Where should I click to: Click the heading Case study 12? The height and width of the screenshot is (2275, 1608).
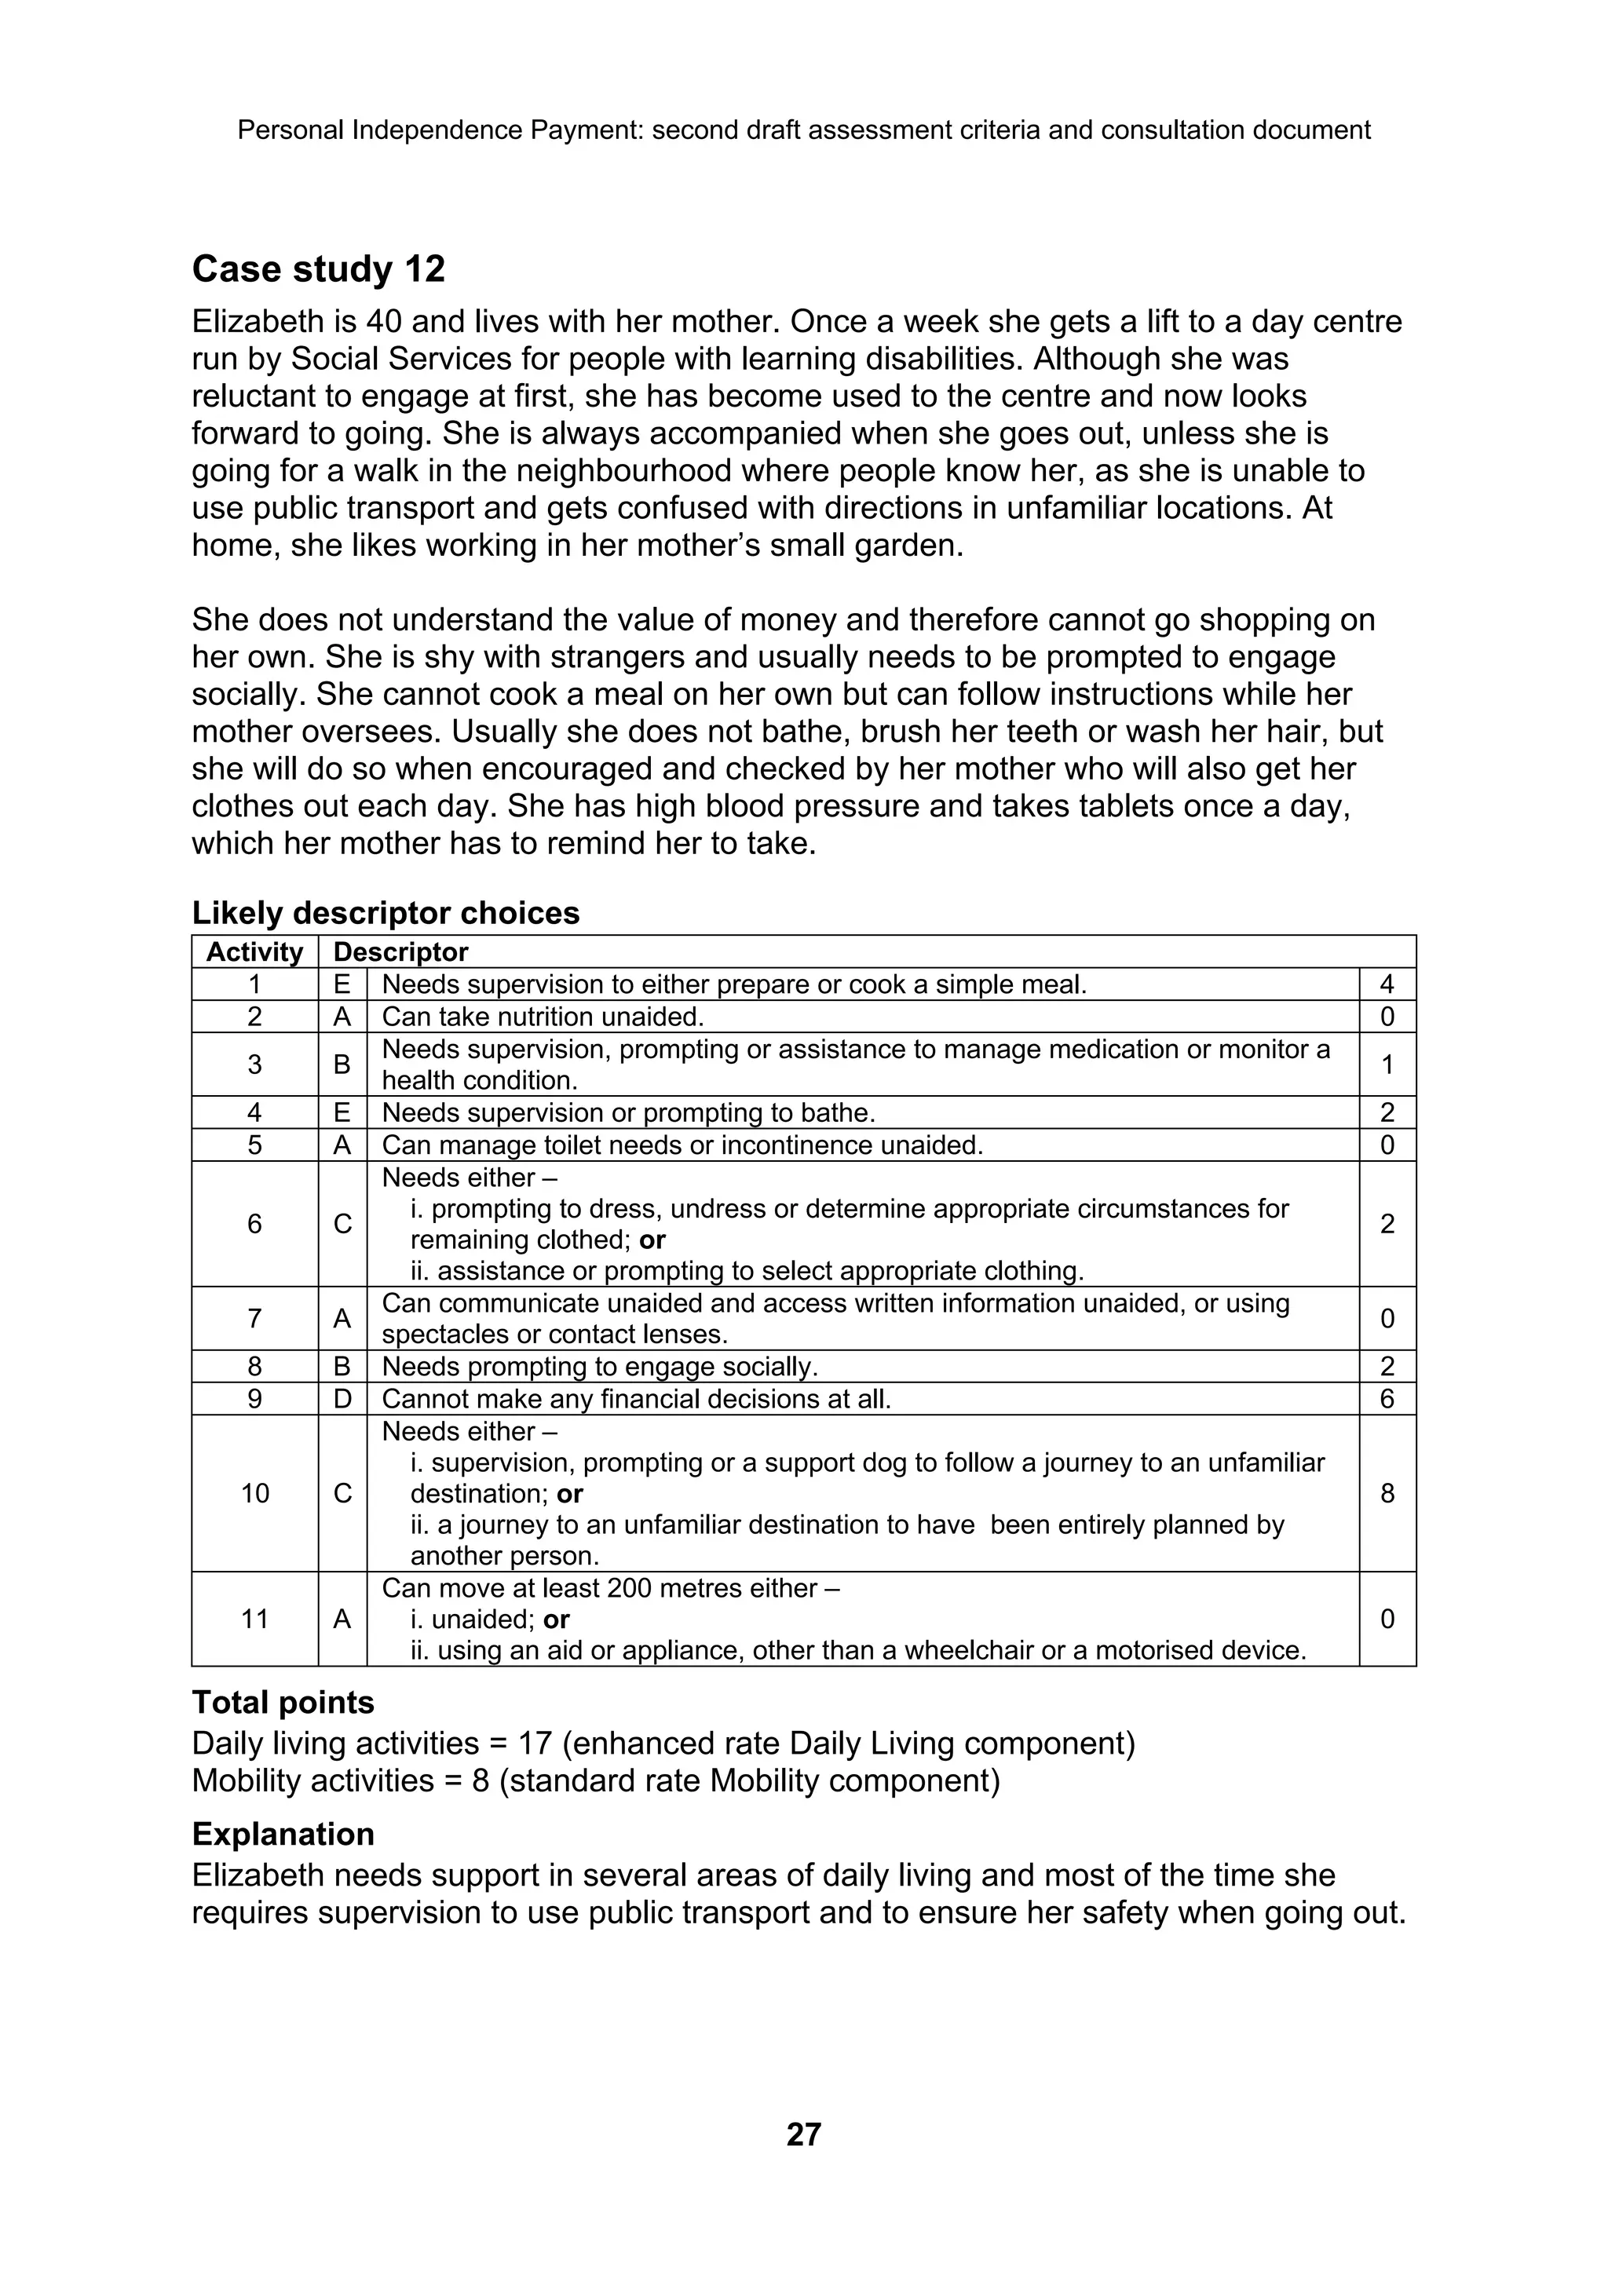tap(318, 269)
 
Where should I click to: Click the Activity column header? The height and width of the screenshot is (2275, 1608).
tap(254, 952)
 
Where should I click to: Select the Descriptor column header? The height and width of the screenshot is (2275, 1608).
tap(400, 952)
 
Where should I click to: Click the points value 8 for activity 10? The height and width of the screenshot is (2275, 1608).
tap(1387, 1493)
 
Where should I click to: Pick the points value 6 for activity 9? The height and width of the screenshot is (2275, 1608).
tap(1387, 1399)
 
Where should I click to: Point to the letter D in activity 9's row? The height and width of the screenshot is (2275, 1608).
tap(342, 1399)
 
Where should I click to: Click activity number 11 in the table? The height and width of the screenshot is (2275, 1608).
tap(254, 1619)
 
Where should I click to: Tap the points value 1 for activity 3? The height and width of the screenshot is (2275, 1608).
tap(1387, 1064)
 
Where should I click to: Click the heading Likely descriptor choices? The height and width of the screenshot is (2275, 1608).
tap(386, 912)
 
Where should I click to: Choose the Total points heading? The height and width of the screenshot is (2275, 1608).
tap(283, 1702)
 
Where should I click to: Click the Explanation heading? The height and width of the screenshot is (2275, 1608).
tap(283, 1834)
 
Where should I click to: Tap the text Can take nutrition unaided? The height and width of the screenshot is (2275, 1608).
tap(543, 1017)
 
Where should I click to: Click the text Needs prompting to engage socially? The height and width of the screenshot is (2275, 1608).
tap(599, 1367)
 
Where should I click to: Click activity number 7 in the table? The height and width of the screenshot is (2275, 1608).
tap(254, 1319)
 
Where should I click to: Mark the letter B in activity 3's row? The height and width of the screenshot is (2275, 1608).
tap(342, 1064)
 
